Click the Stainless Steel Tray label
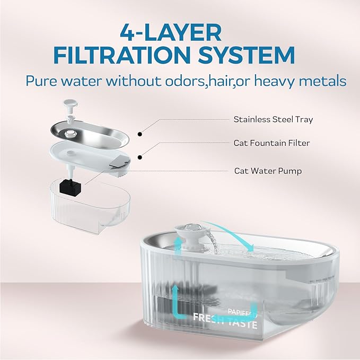(x=273, y=119)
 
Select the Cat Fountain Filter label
(x=271, y=143)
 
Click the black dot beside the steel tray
(x=139, y=135)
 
